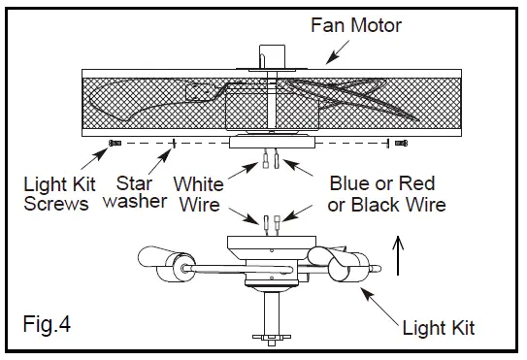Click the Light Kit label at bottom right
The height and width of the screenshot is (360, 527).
438,329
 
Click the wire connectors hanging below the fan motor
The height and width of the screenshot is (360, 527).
270,158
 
